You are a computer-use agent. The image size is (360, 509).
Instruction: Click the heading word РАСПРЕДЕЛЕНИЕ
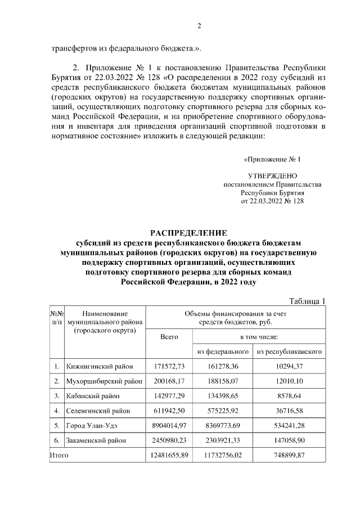click(188, 233)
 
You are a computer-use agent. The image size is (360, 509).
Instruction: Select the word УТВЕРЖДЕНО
click(272, 176)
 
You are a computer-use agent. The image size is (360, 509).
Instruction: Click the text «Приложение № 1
click(272, 159)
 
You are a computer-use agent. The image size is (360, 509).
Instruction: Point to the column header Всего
click(169, 336)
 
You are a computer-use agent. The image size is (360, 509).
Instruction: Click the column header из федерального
click(223, 352)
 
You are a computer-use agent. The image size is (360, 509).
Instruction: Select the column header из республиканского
click(289, 352)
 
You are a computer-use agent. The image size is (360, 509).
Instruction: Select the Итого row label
click(58, 455)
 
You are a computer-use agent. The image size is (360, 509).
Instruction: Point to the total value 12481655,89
click(169, 455)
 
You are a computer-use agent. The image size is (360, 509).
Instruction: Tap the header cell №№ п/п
click(57, 318)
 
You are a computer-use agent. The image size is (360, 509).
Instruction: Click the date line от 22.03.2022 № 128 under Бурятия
click(272, 201)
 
